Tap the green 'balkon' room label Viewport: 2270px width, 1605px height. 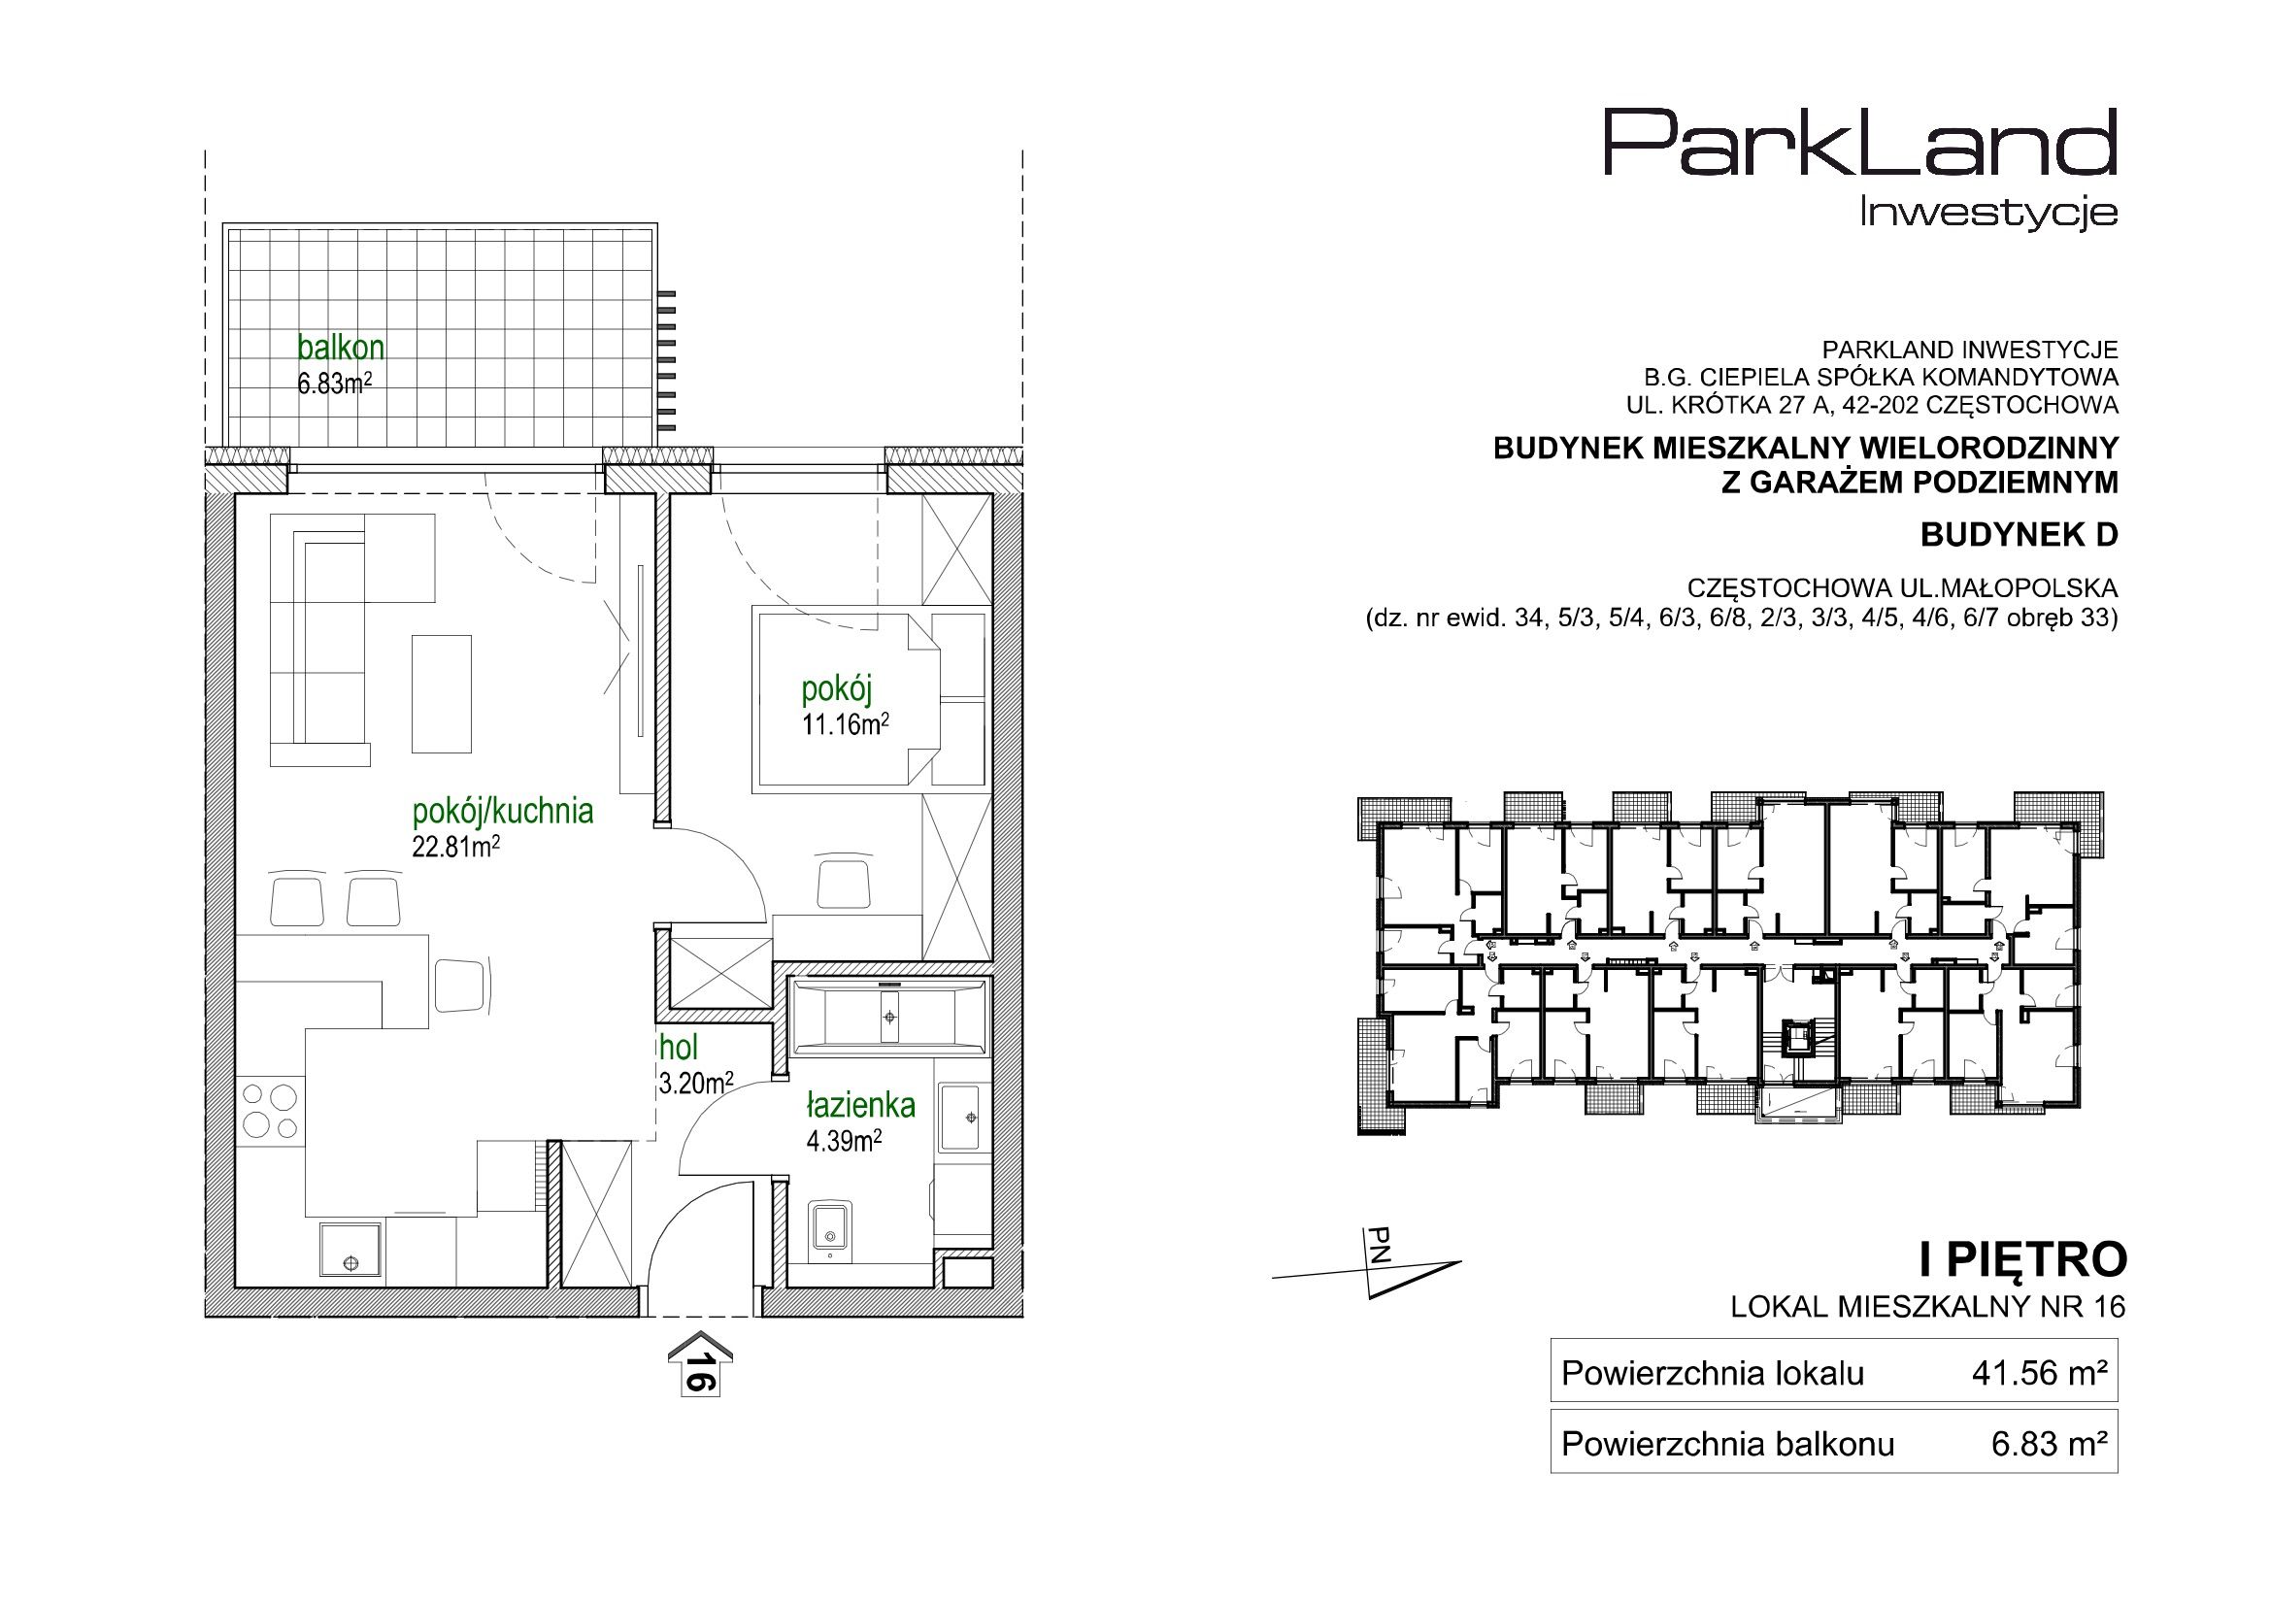[341, 349]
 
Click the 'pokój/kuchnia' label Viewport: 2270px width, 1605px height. [502, 812]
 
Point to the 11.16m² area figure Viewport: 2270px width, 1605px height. [846, 725]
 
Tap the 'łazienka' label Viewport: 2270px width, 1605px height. [861, 1105]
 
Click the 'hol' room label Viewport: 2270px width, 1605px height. [680, 1047]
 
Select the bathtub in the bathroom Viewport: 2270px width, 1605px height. [888, 1016]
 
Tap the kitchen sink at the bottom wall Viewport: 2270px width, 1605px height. [350, 1253]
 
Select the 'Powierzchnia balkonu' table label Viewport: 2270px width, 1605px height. [1728, 1445]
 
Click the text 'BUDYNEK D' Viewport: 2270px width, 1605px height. [2020, 535]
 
